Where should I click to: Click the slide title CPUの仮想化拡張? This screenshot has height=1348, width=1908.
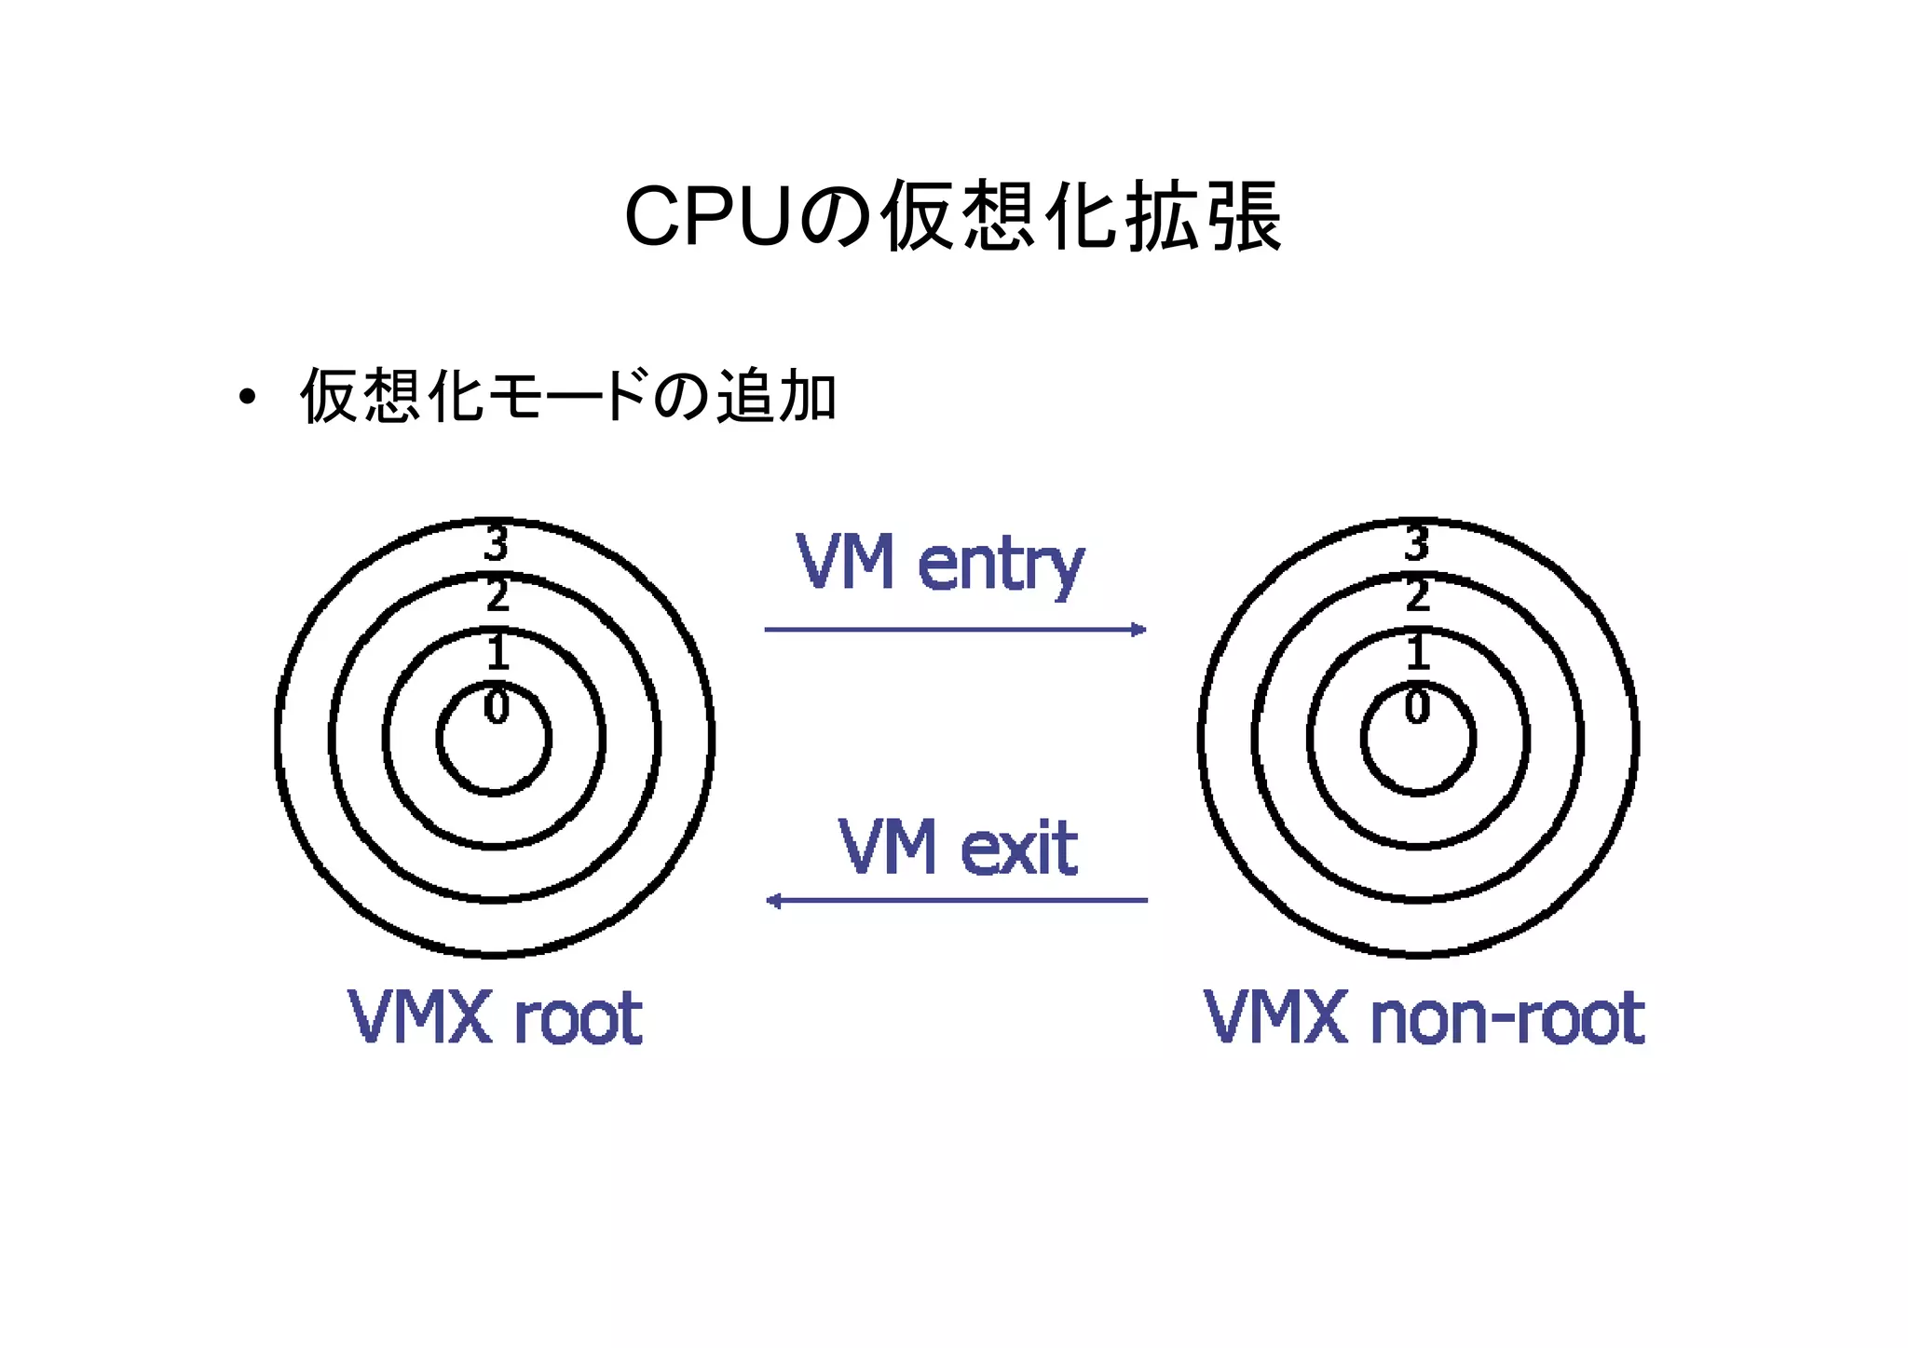(x=953, y=217)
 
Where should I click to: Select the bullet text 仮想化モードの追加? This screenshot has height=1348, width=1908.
(x=568, y=397)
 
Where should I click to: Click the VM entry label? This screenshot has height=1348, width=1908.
(x=939, y=563)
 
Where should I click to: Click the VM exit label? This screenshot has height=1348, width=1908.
(x=957, y=847)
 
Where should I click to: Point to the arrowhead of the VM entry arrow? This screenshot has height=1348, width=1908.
(x=1138, y=630)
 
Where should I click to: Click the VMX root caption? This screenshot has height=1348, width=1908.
(x=495, y=1017)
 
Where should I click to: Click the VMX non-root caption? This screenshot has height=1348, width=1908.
(x=1424, y=1017)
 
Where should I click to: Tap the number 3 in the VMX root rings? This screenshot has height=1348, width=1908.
(x=497, y=543)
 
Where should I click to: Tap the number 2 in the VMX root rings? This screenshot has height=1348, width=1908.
(x=497, y=595)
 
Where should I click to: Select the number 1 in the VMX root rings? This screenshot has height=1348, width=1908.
(x=497, y=651)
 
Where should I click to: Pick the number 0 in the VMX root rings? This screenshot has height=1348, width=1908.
(x=497, y=706)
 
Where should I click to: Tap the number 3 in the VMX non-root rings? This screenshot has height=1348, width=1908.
(x=1417, y=543)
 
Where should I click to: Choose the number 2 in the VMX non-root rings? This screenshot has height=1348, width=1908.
(x=1417, y=595)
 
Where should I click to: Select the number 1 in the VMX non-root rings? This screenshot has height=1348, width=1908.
(x=1417, y=651)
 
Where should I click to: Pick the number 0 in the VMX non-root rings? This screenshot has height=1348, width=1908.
(x=1417, y=706)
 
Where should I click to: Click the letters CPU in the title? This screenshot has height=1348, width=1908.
(x=708, y=217)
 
